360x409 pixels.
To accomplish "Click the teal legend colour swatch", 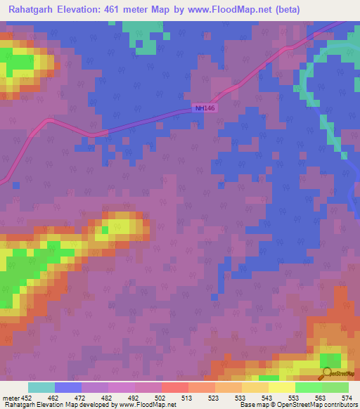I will point(41,387).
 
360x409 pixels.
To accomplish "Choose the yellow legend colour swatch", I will point(281,387).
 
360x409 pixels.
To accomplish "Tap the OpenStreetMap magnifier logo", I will point(326,372).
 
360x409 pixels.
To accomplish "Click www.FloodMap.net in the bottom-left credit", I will point(148,405).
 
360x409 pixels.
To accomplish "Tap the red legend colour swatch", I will point(174,387).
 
